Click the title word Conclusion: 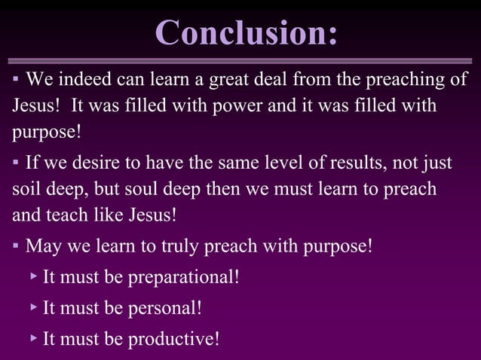coord(246,32)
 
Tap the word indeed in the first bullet coord(79,79)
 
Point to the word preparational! coord(183,277)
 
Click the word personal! coord(164,308)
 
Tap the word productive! coord(173,339)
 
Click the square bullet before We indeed coord(15,80)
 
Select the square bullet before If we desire coord(15,163)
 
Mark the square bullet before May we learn coord(15,246)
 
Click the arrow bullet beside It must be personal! coord(34,307)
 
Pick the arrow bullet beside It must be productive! coord(34,338)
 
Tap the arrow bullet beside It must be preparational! coord(34,276)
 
